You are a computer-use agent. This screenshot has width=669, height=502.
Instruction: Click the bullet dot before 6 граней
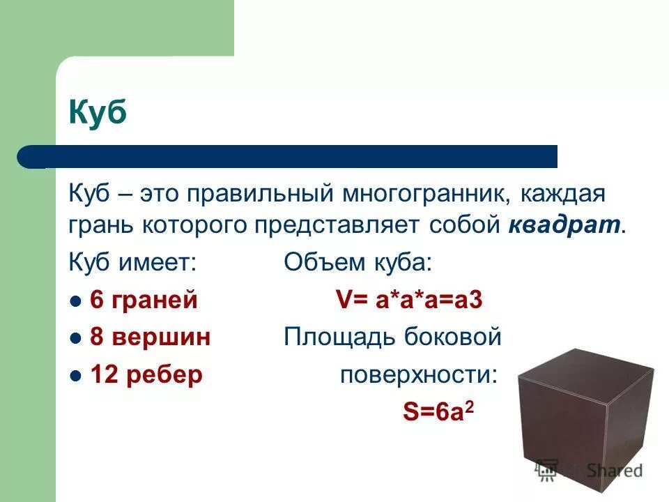coord(77,301)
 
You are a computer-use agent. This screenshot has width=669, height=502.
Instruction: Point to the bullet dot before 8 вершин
coord(77,338)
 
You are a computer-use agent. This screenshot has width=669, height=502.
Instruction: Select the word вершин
coord(161,337)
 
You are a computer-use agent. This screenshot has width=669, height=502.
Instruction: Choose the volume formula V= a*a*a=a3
coord(410,301)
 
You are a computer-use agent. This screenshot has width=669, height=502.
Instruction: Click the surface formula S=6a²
coord(438,411)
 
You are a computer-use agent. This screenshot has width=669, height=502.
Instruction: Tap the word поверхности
coord(419,375)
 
